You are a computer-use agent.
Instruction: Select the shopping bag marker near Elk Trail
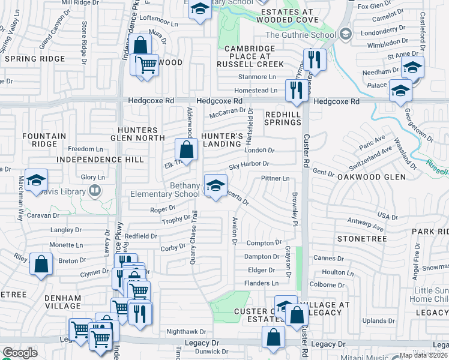click(x=186, y=149)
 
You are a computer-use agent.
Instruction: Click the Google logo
click(x=20, y=353)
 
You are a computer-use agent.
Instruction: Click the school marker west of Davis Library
click(x=36, y=181)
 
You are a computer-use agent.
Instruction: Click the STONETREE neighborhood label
click(x=358, y=238)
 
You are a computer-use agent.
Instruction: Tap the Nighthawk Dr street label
click(x=186, y=331)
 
